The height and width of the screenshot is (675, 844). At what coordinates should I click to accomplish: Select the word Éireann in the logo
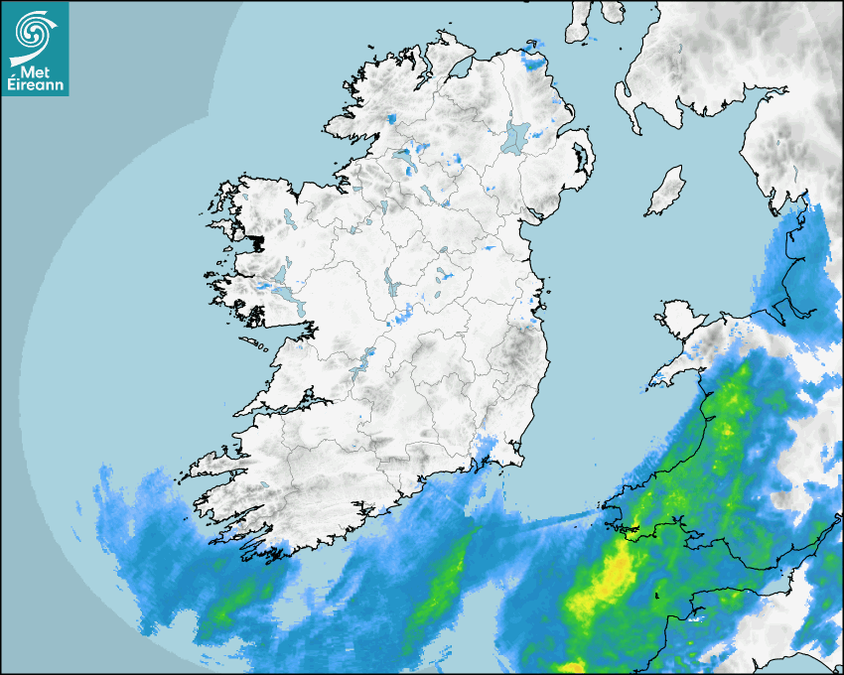click(36, 86)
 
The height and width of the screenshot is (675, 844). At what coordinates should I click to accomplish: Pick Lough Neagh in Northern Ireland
click(517, 136)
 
